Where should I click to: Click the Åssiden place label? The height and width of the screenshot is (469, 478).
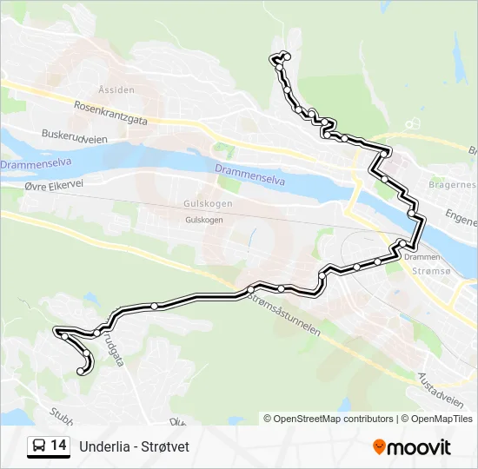pyautogui.click(x=116, y=89)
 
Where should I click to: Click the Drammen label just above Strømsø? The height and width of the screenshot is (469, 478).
pyautogui.click(x=422, y=257)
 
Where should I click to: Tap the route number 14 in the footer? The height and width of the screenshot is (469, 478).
pyautogui.click(x=58, y=446)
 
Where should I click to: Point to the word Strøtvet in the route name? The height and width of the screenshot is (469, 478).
pyautogui.click(x=165, y=446)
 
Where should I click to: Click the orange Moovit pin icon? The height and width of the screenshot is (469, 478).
pyautogui.click(x=379, y=447)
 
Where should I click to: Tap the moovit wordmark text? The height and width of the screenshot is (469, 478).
pyautogui.click(x=420, y=447)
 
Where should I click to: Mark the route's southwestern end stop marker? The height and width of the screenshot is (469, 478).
pyautogui.click(x=81, y=372)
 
